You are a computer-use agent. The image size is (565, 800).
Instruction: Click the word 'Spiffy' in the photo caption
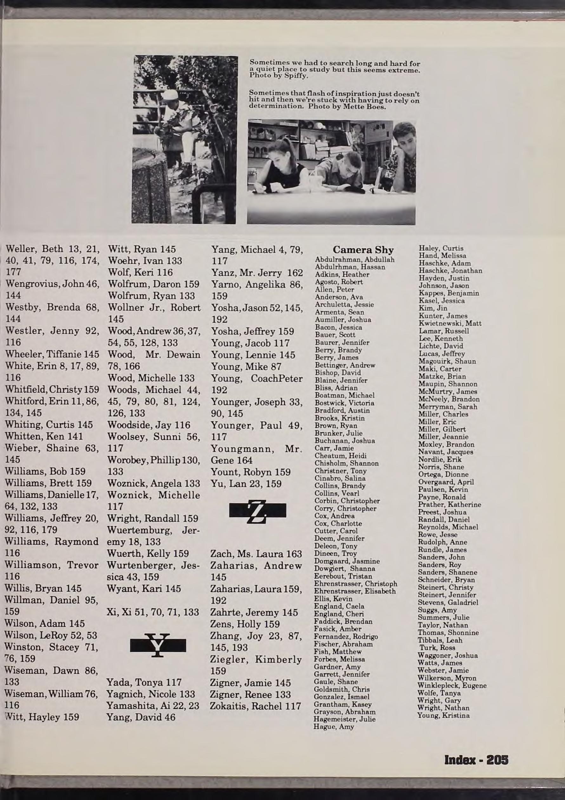[297, 76]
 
